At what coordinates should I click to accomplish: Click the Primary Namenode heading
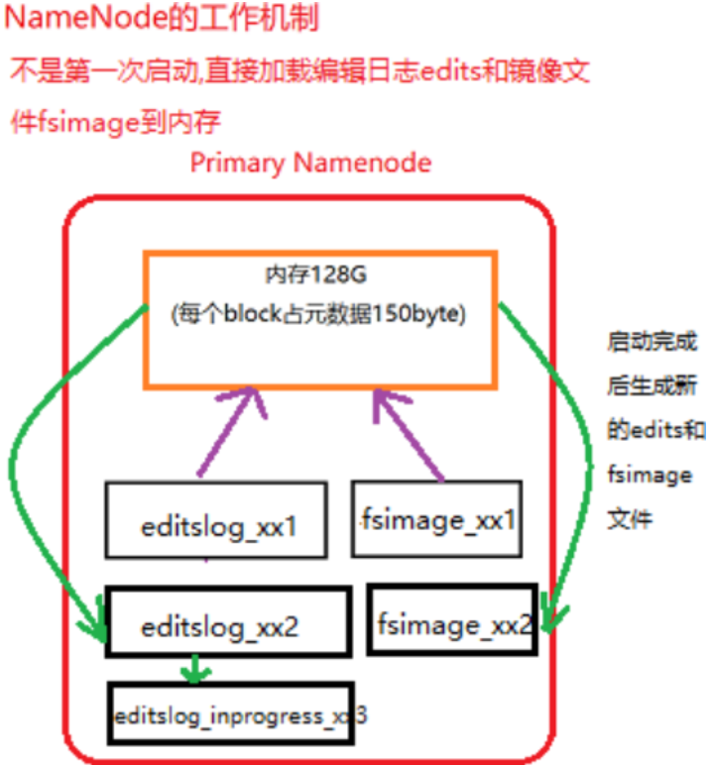tap(310, 163)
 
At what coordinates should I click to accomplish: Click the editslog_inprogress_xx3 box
tap(232, 713)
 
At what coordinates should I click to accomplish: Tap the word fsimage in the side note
tap(649, 476)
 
